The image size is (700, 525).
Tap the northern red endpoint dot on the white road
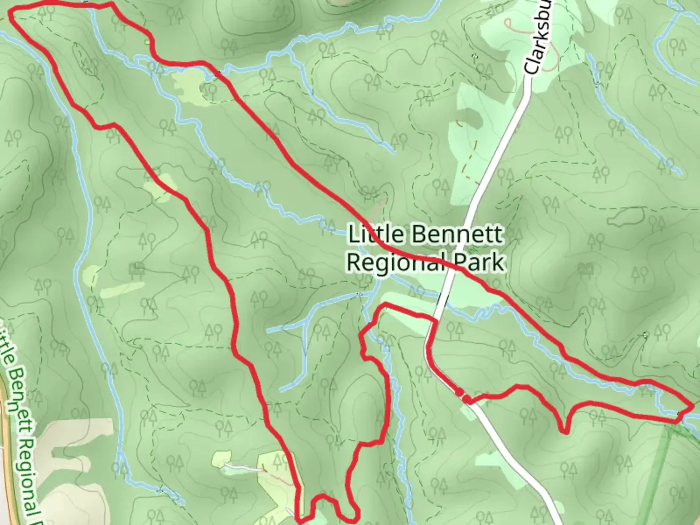pos(459,392)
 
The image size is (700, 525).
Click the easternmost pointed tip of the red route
pos(692,405)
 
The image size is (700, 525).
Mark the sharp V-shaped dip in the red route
pos(564,430)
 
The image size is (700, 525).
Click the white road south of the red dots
pos(515,457)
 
